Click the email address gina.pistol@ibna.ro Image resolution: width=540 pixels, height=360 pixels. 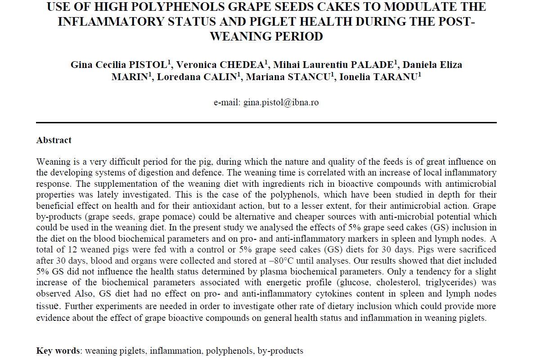(281, 103)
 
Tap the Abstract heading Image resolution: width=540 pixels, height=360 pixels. (54, 140)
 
